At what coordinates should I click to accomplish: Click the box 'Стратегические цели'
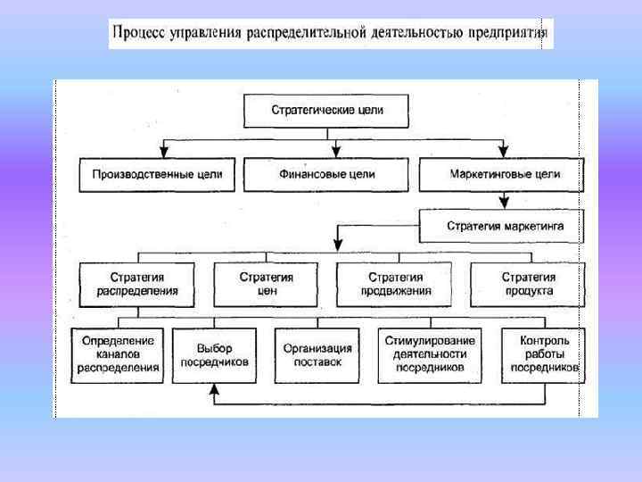point(325,111)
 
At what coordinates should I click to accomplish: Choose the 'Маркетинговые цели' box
point(500,174)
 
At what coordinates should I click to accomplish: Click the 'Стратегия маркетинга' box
point(505,226)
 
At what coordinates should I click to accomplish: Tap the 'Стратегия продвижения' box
point(396,284)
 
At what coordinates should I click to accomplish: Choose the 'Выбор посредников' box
point(214,354)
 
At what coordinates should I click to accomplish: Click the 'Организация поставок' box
point(317,355)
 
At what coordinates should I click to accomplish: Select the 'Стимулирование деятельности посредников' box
point(430,354)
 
